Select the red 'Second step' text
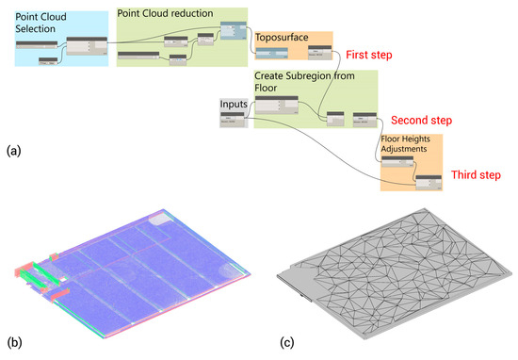point(419,122)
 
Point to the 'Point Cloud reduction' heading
point(165,13)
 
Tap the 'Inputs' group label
point(234,103)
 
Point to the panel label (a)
point(12,150)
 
